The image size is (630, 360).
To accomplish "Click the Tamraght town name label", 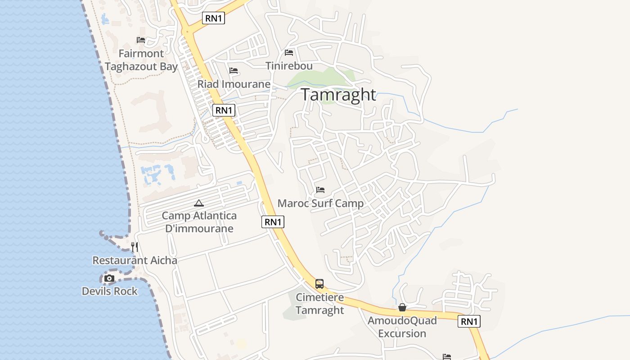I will coord(338,94).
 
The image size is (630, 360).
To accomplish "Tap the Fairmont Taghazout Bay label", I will coord(141,60).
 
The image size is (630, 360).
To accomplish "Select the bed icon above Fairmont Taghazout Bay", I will coord(141,40).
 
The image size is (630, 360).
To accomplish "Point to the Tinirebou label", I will coord(289,66).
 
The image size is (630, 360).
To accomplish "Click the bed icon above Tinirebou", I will coord(289,53).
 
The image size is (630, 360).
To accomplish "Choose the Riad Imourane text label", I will coord(234,84).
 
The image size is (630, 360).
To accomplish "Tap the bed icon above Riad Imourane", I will coord(233,71).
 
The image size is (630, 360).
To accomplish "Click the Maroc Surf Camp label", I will coord(320,203).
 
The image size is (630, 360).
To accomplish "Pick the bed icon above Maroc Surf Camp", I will coord(320,190).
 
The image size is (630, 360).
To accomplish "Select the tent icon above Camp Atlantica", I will coord(199,203).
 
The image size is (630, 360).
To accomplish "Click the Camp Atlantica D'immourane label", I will coord(199,222).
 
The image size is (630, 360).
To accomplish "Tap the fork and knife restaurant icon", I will coord(134,247).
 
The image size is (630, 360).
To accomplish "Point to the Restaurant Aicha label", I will coord(135,261).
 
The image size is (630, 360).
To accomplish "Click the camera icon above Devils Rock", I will coord(109,279).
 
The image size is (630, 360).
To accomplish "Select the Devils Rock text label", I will coord(110,291).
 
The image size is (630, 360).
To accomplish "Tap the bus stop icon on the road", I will coord(319,284).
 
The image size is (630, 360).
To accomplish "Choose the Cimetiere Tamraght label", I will coord(320,304).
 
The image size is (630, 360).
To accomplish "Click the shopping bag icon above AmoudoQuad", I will coord(402,307).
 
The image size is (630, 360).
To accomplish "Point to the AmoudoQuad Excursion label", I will coord(402,327).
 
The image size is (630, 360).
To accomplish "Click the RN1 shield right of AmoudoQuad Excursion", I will coord(469,321).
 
